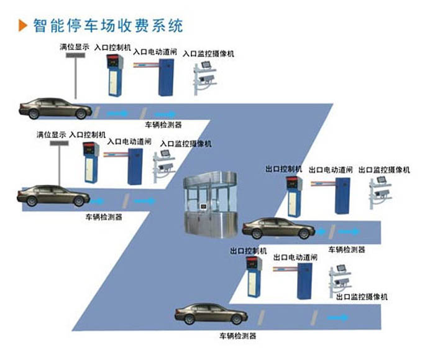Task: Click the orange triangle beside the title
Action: [23, 25]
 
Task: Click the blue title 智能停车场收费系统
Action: [108, 25]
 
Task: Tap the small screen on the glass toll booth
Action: [204, 207]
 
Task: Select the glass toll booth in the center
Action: [211, 205]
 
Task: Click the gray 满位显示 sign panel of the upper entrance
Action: [75, 55]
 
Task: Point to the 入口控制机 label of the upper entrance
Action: [112, 47]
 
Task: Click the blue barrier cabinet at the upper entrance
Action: [166, 77]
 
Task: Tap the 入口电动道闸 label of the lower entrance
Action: [129, 142]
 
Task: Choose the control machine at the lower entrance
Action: [91, 162]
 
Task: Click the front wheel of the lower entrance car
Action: [79, 201]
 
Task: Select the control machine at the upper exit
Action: [294, 196]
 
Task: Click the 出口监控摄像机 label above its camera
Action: [384, 170]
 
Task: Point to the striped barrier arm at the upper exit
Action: [323, 183]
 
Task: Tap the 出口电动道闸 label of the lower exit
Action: [295, 257]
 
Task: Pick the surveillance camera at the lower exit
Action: [340, 281]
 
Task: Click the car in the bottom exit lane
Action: [211, 314]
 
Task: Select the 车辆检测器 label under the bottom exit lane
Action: [238, 336]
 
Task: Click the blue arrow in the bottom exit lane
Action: [337, 317]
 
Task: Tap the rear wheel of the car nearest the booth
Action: [257, 234]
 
